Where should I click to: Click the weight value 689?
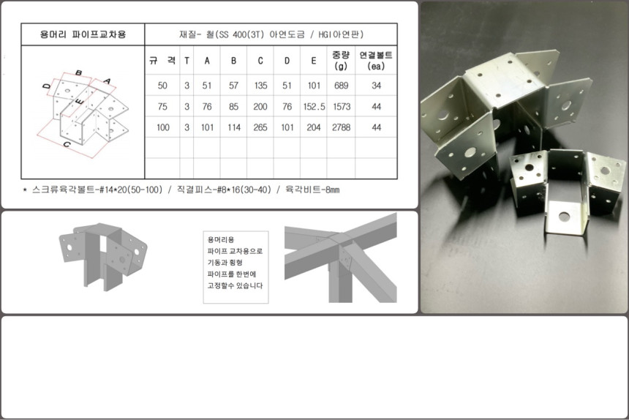(x=341, y=86)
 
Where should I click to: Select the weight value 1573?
(x=341, y=107)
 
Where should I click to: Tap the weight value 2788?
(x=341, y=127)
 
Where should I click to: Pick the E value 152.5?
(x=314, y=107)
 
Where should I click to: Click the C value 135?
(x=260, y=86)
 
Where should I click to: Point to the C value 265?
(x=260, y=127)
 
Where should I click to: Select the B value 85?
(x=233, y=107)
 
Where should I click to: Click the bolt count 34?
(x=376, y=86)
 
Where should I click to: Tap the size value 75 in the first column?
(x=162, y=107)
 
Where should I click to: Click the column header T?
(x=187, y=61)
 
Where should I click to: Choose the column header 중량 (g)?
(x=341, y=60)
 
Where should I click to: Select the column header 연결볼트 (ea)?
(x=376, y=60)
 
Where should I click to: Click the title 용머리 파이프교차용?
(x=83, y=34)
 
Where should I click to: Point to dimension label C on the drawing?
(x=67, y=144)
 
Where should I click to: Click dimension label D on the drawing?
(x=47, y=86)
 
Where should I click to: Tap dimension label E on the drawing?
(x=80, y=101)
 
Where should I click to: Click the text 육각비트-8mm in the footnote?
(x=312, y=190)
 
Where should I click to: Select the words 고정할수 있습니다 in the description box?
(x=235, y=285)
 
